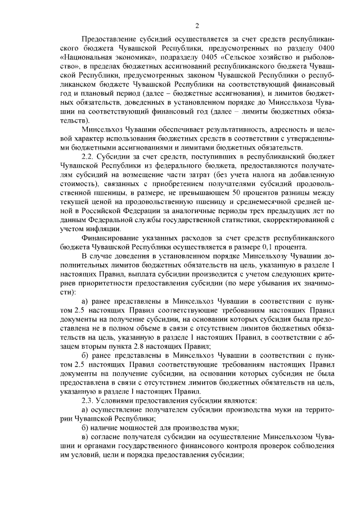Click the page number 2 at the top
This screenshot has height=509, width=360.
coord(197,25)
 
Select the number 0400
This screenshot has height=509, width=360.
coord(326,48)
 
